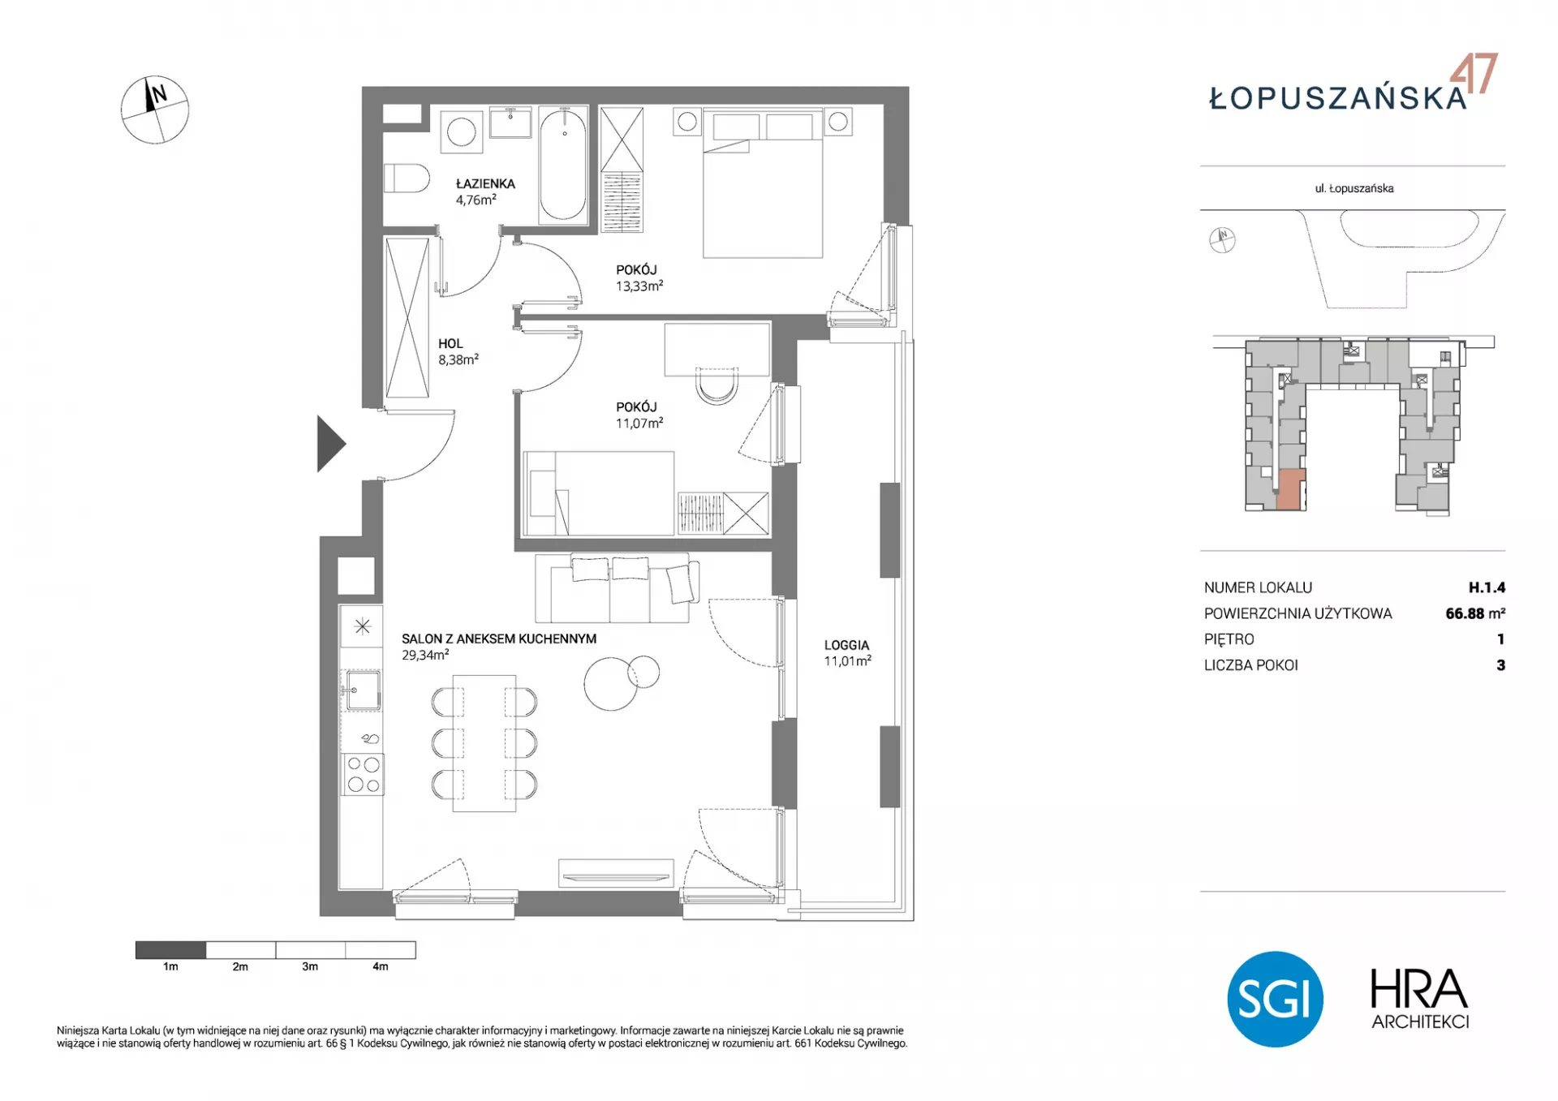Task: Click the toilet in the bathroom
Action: click(x=407, y=178)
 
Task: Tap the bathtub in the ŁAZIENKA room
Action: click(x=563, y=165)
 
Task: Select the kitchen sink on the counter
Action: click(x=362, y=690)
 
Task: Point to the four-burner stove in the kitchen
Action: click(x=363, y=774)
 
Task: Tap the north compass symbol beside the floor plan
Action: click(x=155, y=110)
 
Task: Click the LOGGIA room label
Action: click(x=846, y=645)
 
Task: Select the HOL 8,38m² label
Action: click(x=458, y=352)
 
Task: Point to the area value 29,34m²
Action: click(x=425, y=655)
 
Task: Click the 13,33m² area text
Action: click(x=639, y=286)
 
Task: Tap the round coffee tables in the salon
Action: click(x=622, y=680)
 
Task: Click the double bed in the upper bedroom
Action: click(x=763, y=184)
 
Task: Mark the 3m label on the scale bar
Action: click(x=310, y=966)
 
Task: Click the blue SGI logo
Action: click(x=1275, y=999)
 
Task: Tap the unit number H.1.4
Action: click(x=1487, y=587)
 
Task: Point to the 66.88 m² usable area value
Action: click(x=1475, y=613)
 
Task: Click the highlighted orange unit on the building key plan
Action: click(x=1291, y=490)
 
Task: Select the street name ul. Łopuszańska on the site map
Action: click(x=1354, y=188)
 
